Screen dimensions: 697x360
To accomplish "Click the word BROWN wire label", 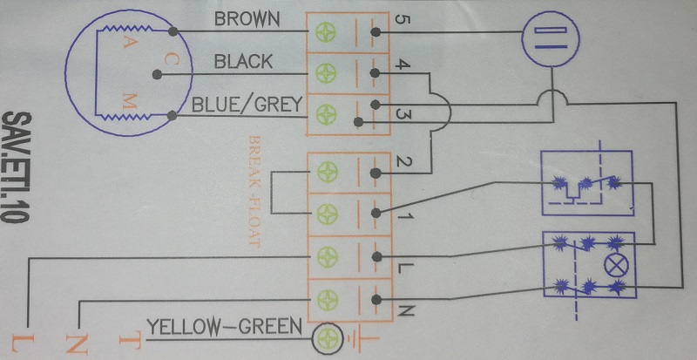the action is point(247,19).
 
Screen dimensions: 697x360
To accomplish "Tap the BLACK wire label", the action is point(243,61).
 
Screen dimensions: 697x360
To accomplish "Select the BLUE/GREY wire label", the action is point(247,105).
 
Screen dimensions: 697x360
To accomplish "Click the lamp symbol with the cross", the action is point(616,266).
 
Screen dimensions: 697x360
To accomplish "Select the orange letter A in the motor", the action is point(126,44).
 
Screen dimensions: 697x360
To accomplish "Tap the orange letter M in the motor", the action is point(128,103).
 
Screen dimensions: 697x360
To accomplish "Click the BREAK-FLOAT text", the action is point(254,192).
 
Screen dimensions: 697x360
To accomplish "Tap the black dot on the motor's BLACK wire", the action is point(156,75).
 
